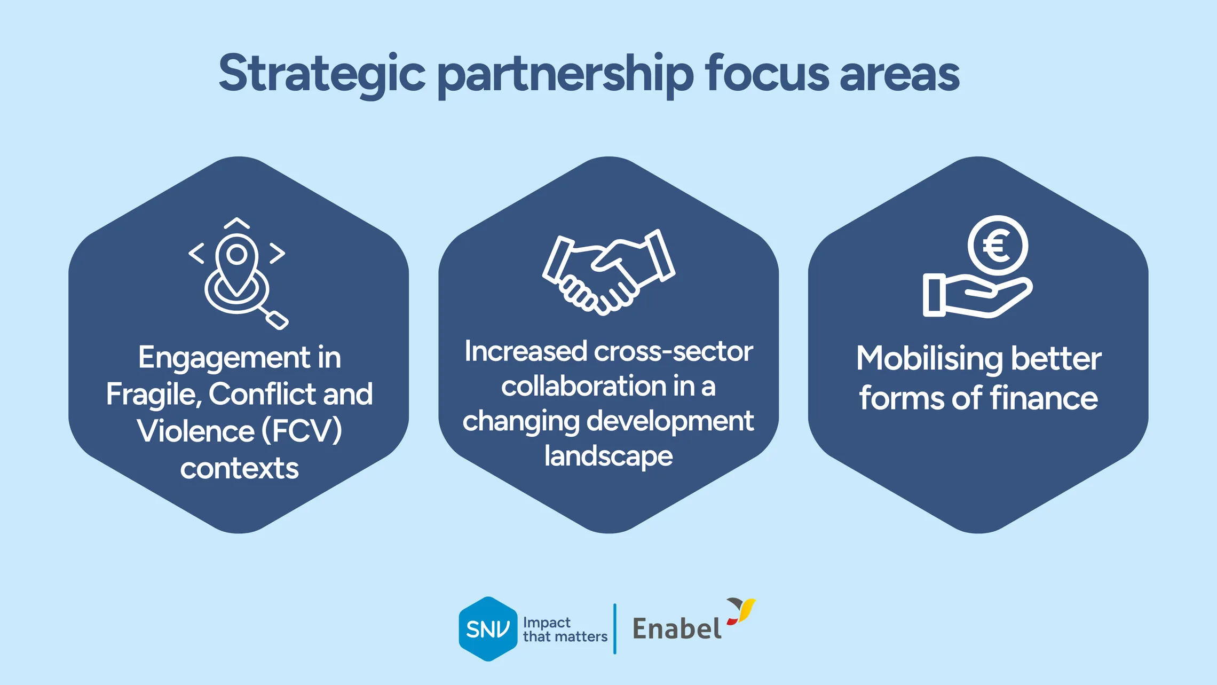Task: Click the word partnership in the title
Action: (x=565, y=75)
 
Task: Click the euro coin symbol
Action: (x=998, y=246)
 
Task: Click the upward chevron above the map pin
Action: (x=237, y=223)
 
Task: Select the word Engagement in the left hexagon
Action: (x=225, y=357)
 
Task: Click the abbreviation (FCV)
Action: (x=302, y=431)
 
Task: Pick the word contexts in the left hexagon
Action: (x=239, y=468)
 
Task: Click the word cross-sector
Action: (x=673, y=351)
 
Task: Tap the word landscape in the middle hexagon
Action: (x=608, y=456)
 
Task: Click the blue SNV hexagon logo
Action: (x=487, y=629)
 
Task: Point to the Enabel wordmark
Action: (x=677, y=629)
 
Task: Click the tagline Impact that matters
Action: (x=565, y=629)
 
